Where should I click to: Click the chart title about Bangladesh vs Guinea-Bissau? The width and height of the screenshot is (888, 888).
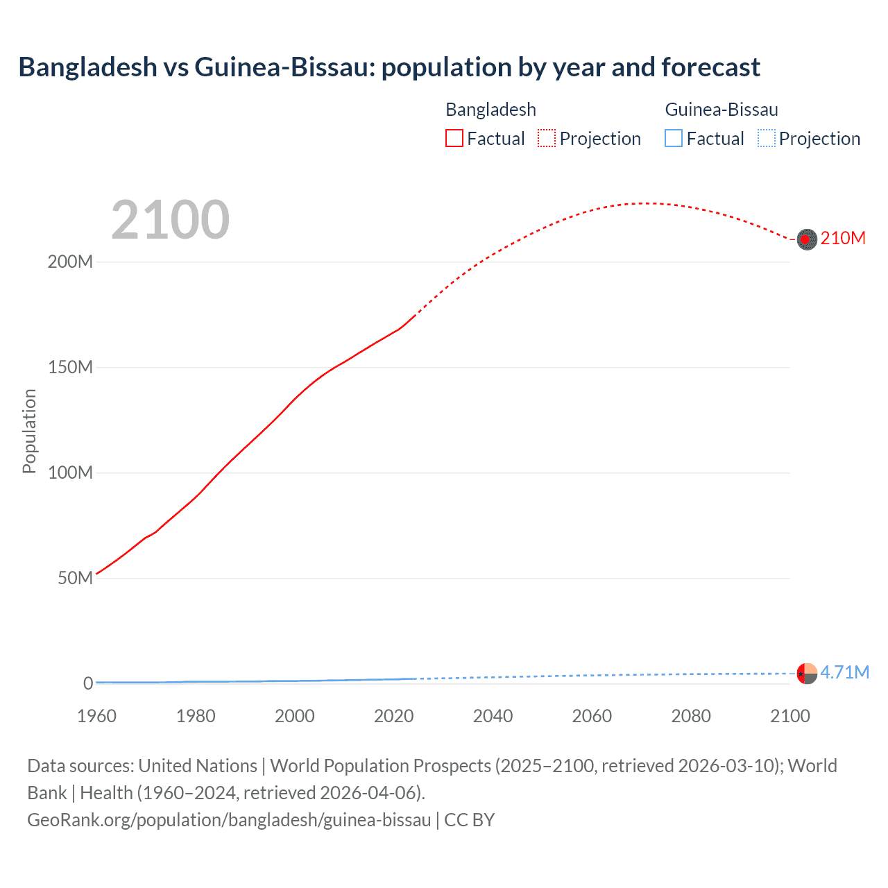tap(389, 67)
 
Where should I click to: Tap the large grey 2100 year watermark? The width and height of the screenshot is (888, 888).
tap(170, 219)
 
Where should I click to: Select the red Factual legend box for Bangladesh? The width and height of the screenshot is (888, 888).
tap(454, 139)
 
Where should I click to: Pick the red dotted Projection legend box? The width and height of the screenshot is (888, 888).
tap(547, 139)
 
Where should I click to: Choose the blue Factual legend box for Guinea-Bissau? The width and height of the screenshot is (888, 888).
tap(673, 139)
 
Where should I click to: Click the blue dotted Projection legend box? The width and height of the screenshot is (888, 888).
tap(766, 139)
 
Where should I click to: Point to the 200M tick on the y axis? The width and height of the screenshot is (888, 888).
tap(70, 262)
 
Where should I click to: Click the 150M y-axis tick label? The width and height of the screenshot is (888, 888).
tap(70, 368)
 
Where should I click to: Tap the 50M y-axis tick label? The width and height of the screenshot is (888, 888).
tap(75, 579)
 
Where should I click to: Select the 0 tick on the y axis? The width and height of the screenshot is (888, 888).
tap(88, 683)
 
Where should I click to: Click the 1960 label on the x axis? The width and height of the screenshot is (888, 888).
tap(96, 716)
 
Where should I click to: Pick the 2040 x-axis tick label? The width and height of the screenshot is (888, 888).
tap(493, 716)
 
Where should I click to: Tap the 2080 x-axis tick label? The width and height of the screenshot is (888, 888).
tap(691, 716)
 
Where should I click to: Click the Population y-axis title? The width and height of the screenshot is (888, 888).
tap(29, 431)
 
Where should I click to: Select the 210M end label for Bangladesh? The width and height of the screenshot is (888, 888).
tap(843, 239)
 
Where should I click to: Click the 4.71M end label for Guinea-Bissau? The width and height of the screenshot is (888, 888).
tap(844, 672)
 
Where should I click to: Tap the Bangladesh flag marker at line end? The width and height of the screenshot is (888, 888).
tap(806, 239)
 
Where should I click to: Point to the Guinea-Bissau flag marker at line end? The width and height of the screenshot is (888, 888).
tap(807, 673)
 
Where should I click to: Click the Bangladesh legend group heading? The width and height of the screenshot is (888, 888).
tap(490, 110)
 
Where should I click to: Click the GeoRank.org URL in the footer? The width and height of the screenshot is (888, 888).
tap(229, 820)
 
